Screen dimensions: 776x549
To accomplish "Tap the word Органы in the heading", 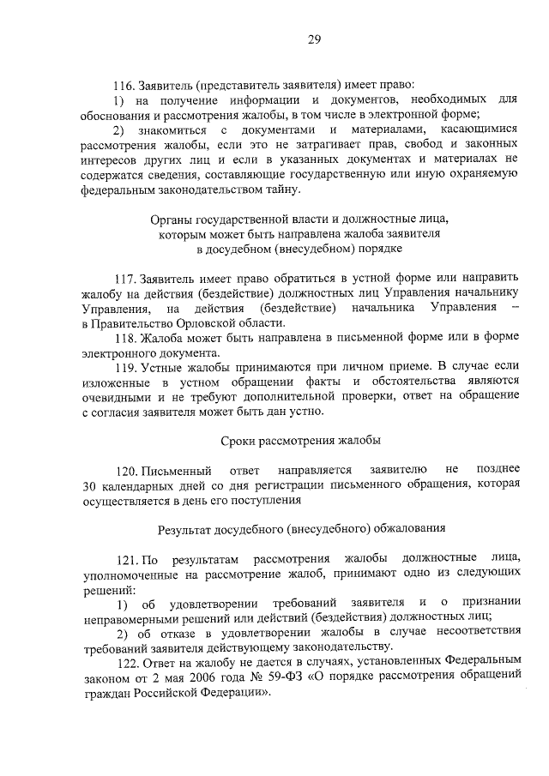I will point(172,219).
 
